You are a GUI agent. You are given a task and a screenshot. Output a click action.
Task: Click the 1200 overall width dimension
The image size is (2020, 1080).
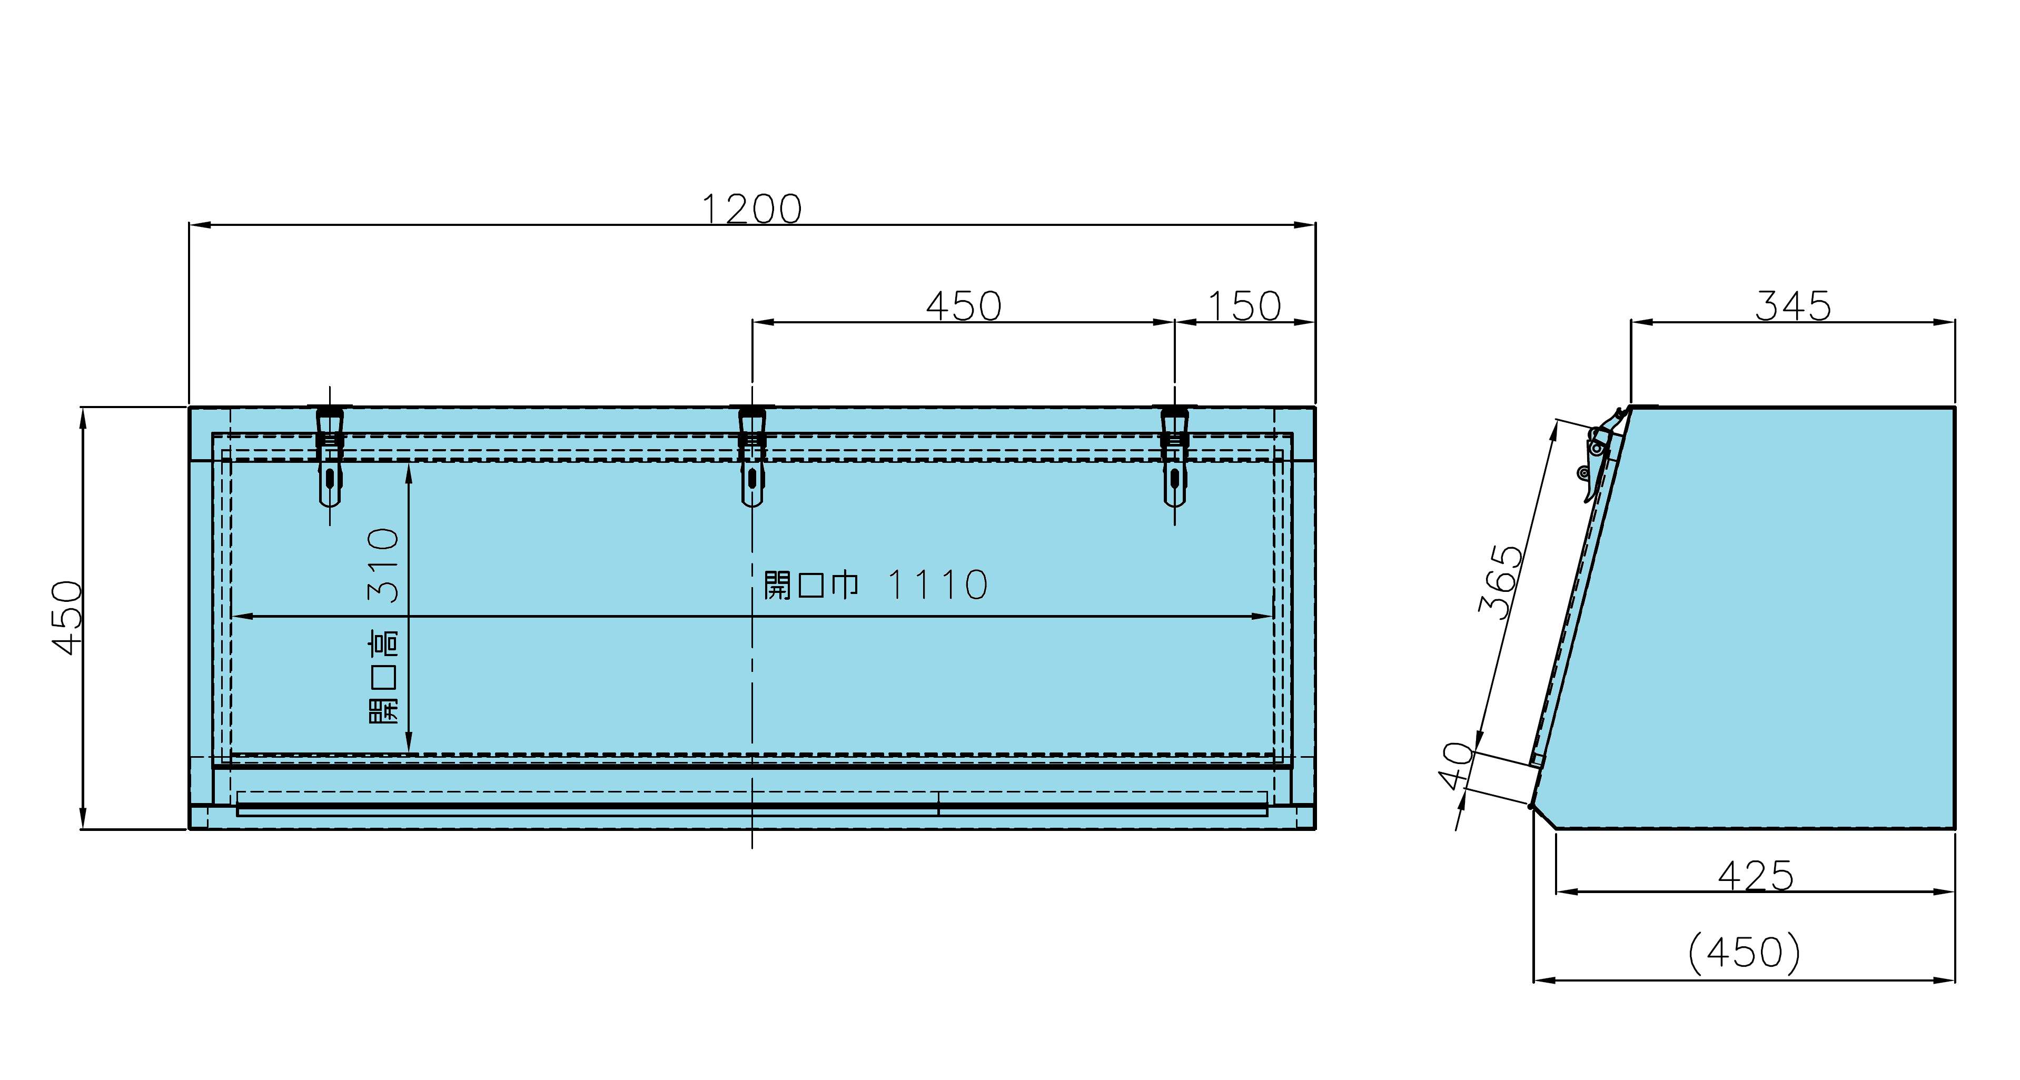[x=751, y=209]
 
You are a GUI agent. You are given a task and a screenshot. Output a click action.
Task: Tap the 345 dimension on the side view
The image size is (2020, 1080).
[x=1793, y=306]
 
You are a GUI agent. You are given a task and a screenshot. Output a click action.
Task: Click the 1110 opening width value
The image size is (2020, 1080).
[x=937, y=585]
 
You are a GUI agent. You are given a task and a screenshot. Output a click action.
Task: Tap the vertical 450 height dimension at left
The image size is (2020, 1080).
[x=67, y=617]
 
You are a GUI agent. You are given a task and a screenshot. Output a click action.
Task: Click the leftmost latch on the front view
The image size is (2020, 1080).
[x=330, y=455]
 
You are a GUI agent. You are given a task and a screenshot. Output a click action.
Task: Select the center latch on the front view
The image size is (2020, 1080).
[x=752, y=455]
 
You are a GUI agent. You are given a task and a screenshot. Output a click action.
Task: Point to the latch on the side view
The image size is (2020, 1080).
[x=1600, y=455]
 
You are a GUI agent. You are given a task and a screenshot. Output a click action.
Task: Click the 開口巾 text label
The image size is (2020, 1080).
[x=811, y=585]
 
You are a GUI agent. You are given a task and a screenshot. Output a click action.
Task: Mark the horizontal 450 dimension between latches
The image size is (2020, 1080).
[x=964, y=306]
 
